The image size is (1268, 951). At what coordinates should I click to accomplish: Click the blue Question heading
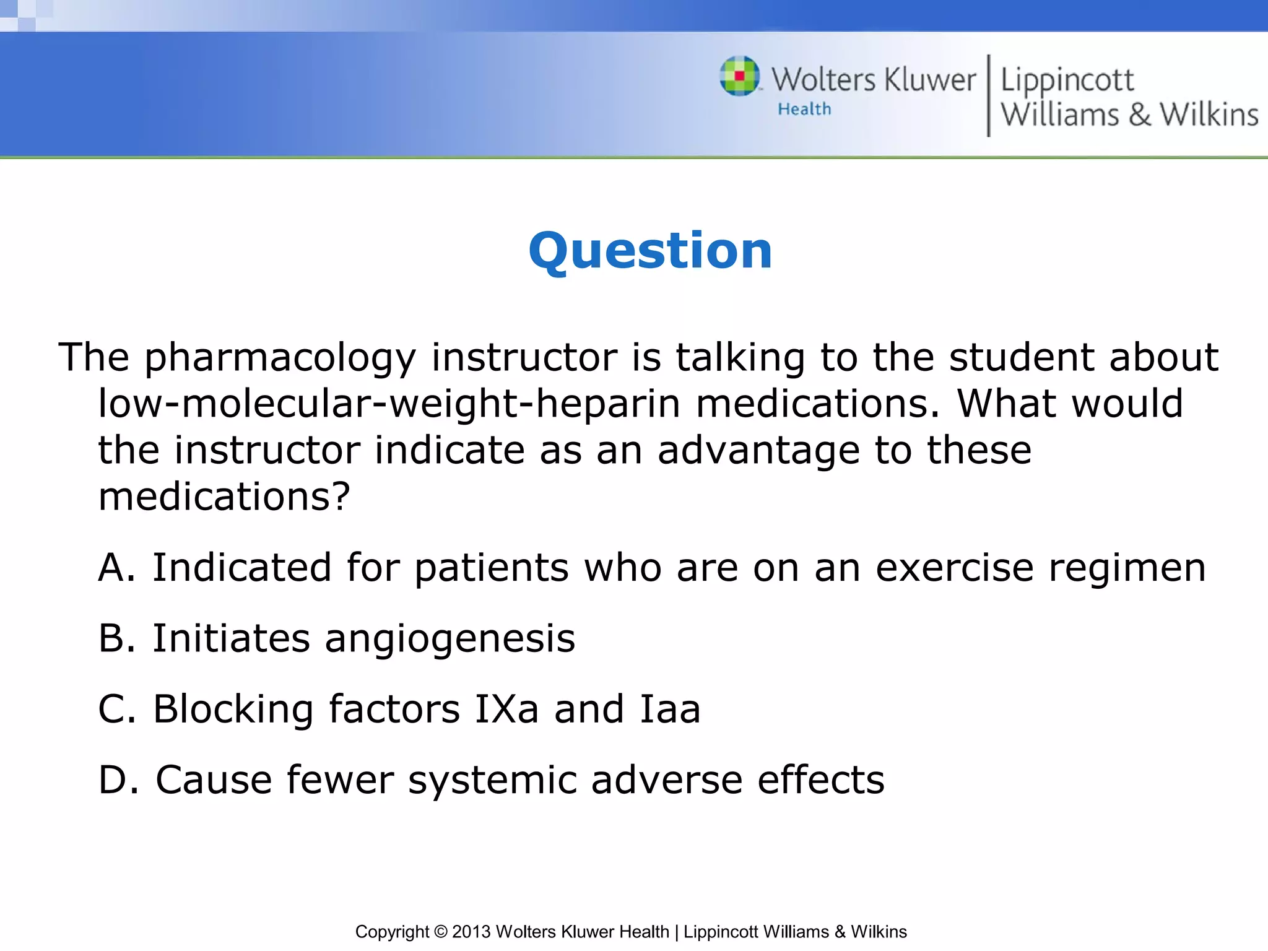point(650,251)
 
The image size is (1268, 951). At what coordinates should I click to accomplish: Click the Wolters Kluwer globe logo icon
point(739,77)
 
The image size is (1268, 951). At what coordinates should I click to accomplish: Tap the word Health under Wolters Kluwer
point(804,110)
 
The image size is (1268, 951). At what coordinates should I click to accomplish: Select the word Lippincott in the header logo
point(1067,80)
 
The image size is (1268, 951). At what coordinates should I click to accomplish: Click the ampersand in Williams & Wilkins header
point(1139,115)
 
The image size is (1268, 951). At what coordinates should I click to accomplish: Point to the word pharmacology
point(280,358)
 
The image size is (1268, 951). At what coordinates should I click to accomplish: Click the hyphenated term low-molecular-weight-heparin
point(389,404)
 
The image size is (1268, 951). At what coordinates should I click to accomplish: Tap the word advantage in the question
point(758,450)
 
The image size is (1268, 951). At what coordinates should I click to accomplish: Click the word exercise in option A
point(954,568)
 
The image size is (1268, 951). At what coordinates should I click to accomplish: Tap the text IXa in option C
point(506,710)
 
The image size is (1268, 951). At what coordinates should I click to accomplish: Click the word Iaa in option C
point(670,710)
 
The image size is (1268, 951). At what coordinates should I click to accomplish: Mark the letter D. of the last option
point(118,780)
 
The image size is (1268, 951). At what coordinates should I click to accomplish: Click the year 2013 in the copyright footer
point(471,932)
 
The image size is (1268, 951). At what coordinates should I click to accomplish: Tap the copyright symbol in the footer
point(440,932)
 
